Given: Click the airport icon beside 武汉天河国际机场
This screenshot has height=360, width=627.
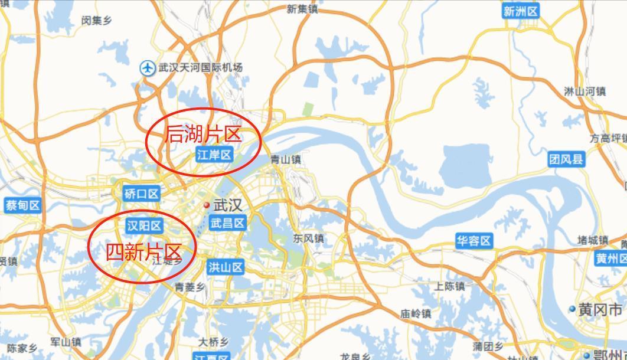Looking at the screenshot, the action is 147,68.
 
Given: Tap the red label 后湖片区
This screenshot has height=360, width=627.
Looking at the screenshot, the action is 203,135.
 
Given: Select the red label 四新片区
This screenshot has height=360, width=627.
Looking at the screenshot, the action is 143,253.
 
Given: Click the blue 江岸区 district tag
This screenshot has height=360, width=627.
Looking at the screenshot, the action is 214,155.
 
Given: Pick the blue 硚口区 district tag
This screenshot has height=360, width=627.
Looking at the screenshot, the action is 142,194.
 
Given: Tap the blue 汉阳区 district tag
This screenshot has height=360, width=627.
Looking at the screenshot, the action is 144,225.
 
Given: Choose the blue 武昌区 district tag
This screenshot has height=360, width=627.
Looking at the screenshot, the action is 228,223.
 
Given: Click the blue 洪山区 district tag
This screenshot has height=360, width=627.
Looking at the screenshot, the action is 226,267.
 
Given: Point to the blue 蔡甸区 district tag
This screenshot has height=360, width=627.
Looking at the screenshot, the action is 22,205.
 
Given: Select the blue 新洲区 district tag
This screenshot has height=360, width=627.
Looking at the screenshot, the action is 521,11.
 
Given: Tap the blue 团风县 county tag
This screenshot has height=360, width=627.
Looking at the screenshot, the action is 566,159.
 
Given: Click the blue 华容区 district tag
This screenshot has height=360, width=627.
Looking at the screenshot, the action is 473,241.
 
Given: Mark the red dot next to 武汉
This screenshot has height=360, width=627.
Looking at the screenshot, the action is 207,205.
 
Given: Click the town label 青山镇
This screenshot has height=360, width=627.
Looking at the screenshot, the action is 285,159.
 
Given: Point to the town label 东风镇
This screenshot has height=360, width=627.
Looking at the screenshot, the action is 308,239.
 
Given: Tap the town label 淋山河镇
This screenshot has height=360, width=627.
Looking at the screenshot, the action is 584,91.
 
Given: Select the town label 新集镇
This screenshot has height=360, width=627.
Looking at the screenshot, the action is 302,9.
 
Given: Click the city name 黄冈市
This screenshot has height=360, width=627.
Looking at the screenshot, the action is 599,309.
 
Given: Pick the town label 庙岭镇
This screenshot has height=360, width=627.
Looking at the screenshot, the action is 416,313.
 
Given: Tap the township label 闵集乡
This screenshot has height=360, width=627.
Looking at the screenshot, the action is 97,21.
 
